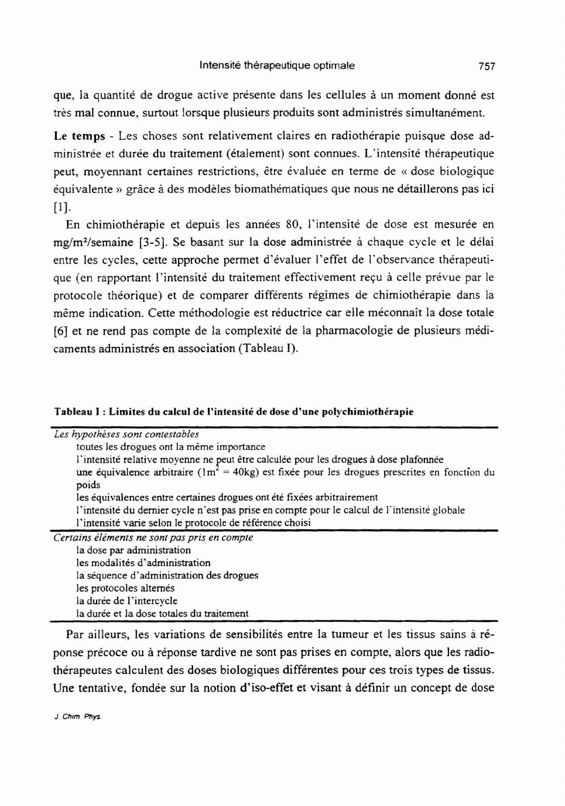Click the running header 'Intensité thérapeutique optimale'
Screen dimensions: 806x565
(x=277, y=66)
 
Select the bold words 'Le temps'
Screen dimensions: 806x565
(x=79, y=136)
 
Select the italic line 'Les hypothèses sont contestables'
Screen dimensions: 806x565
(x=126, y=434)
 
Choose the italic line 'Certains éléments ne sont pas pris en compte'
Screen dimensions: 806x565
(x=153, y=537)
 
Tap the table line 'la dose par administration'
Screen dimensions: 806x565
(x=133, y=550)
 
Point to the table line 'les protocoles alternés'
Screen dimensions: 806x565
(x=125, y=588)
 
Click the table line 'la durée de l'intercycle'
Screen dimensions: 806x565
(x=126, y=601)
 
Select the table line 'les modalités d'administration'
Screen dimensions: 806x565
(x=143, y=563)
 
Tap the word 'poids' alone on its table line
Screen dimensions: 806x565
(x=88, y=485)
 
